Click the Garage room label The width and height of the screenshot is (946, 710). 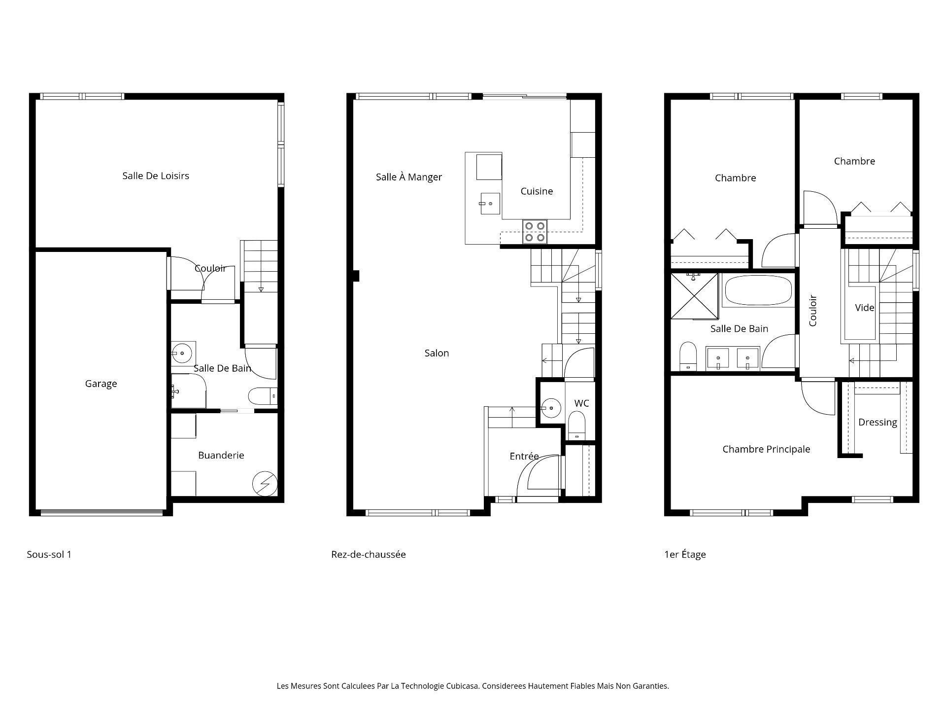point(101,384)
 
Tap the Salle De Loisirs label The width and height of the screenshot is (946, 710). point(156,176)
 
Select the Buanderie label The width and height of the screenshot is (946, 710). point(221,455)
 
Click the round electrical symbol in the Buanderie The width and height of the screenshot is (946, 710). point(265,484)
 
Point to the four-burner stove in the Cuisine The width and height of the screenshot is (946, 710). point(535,232)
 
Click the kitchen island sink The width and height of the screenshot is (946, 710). point(490,203)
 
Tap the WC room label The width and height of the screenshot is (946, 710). point(581,403)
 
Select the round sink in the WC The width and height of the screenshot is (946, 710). point(551,408)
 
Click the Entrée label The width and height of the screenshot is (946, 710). point(524,456)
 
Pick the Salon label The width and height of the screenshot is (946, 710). point(437,353)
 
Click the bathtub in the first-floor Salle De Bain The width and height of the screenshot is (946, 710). point(757,290)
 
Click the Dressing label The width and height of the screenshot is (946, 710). point(878,422)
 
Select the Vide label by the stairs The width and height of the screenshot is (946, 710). point(864,308)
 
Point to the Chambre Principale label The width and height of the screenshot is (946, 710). point(766,449)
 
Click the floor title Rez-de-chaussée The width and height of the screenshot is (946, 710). point(369,554)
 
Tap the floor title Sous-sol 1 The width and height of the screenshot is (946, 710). point(49,554)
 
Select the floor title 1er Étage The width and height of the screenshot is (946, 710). point(685,554)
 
